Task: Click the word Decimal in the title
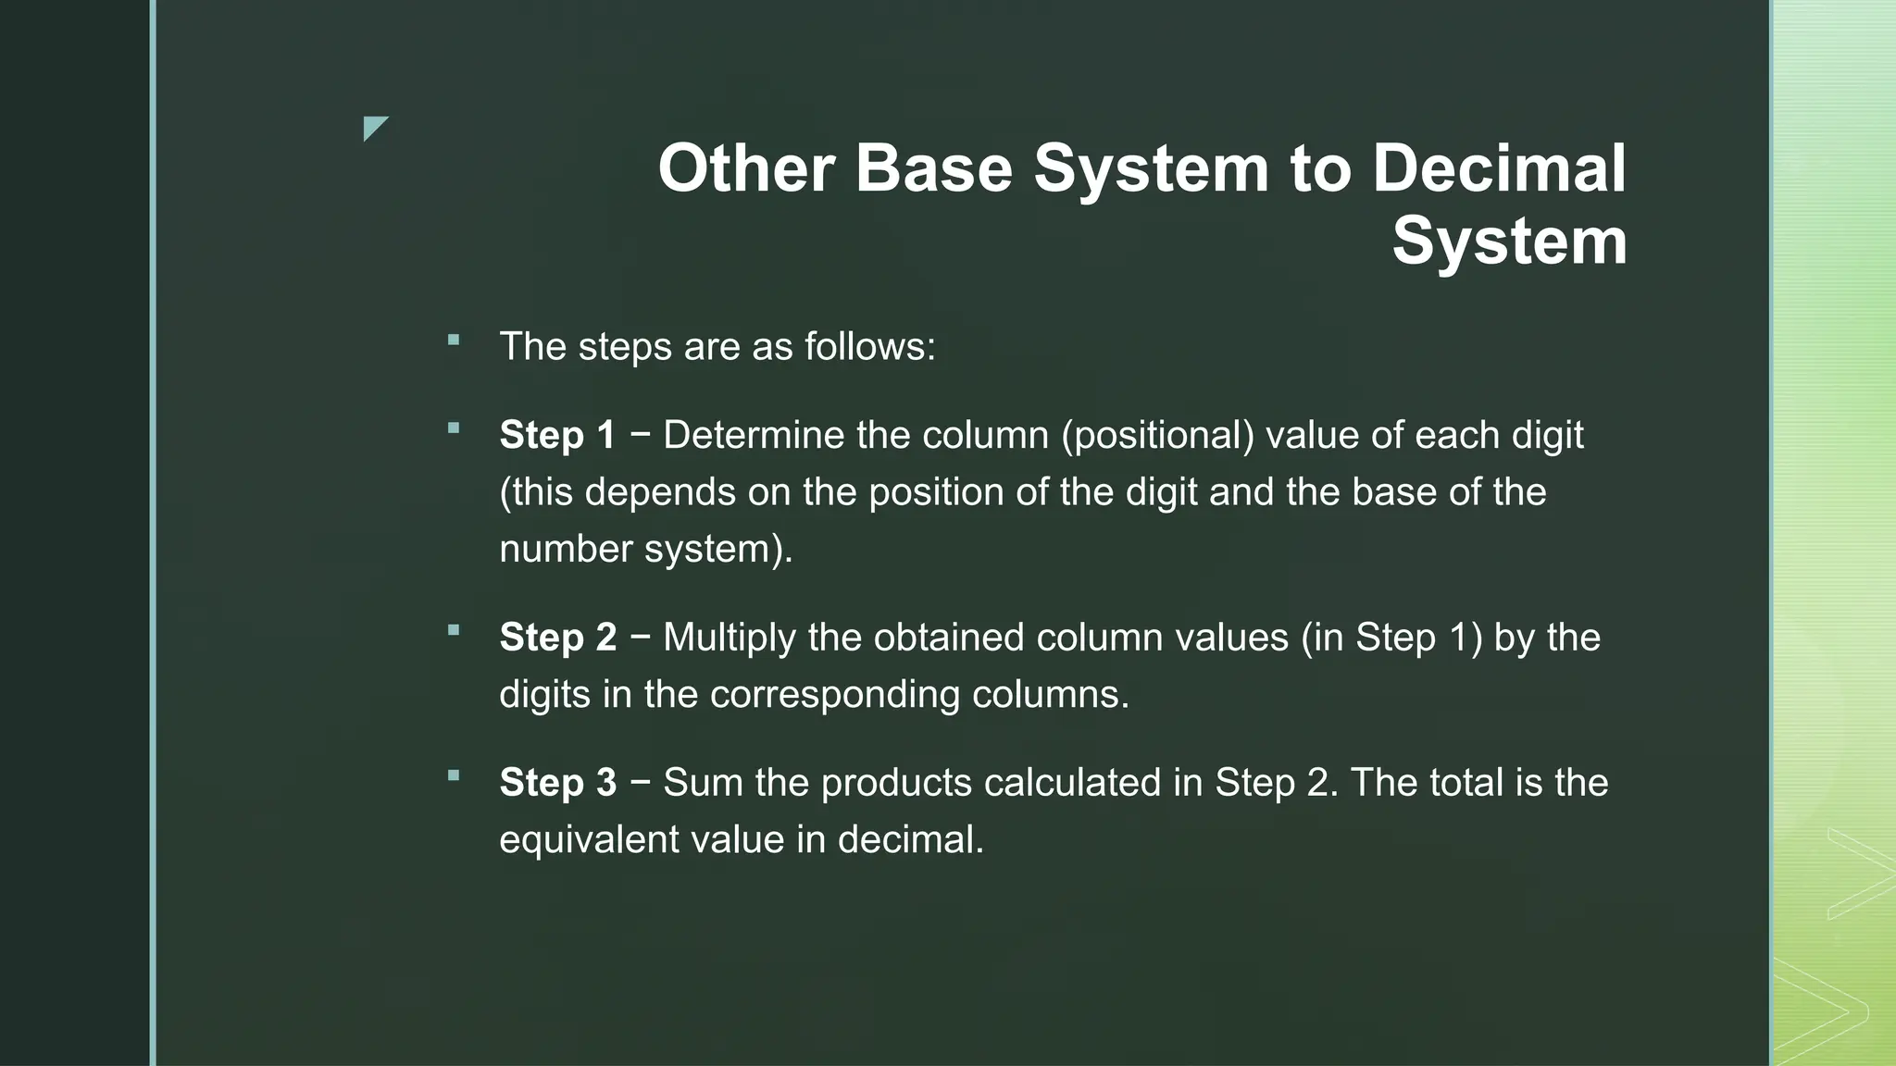point(1499,169)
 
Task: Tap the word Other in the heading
point(746,169)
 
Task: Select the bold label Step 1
point(557,435)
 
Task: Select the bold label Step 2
point(557,638)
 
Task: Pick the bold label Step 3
point(557,783)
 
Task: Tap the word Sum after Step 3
point(703,783)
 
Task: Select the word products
point(895,783)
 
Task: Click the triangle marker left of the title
point(374,128)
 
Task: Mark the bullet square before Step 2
point(453,631)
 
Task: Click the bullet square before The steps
point(453,341)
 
